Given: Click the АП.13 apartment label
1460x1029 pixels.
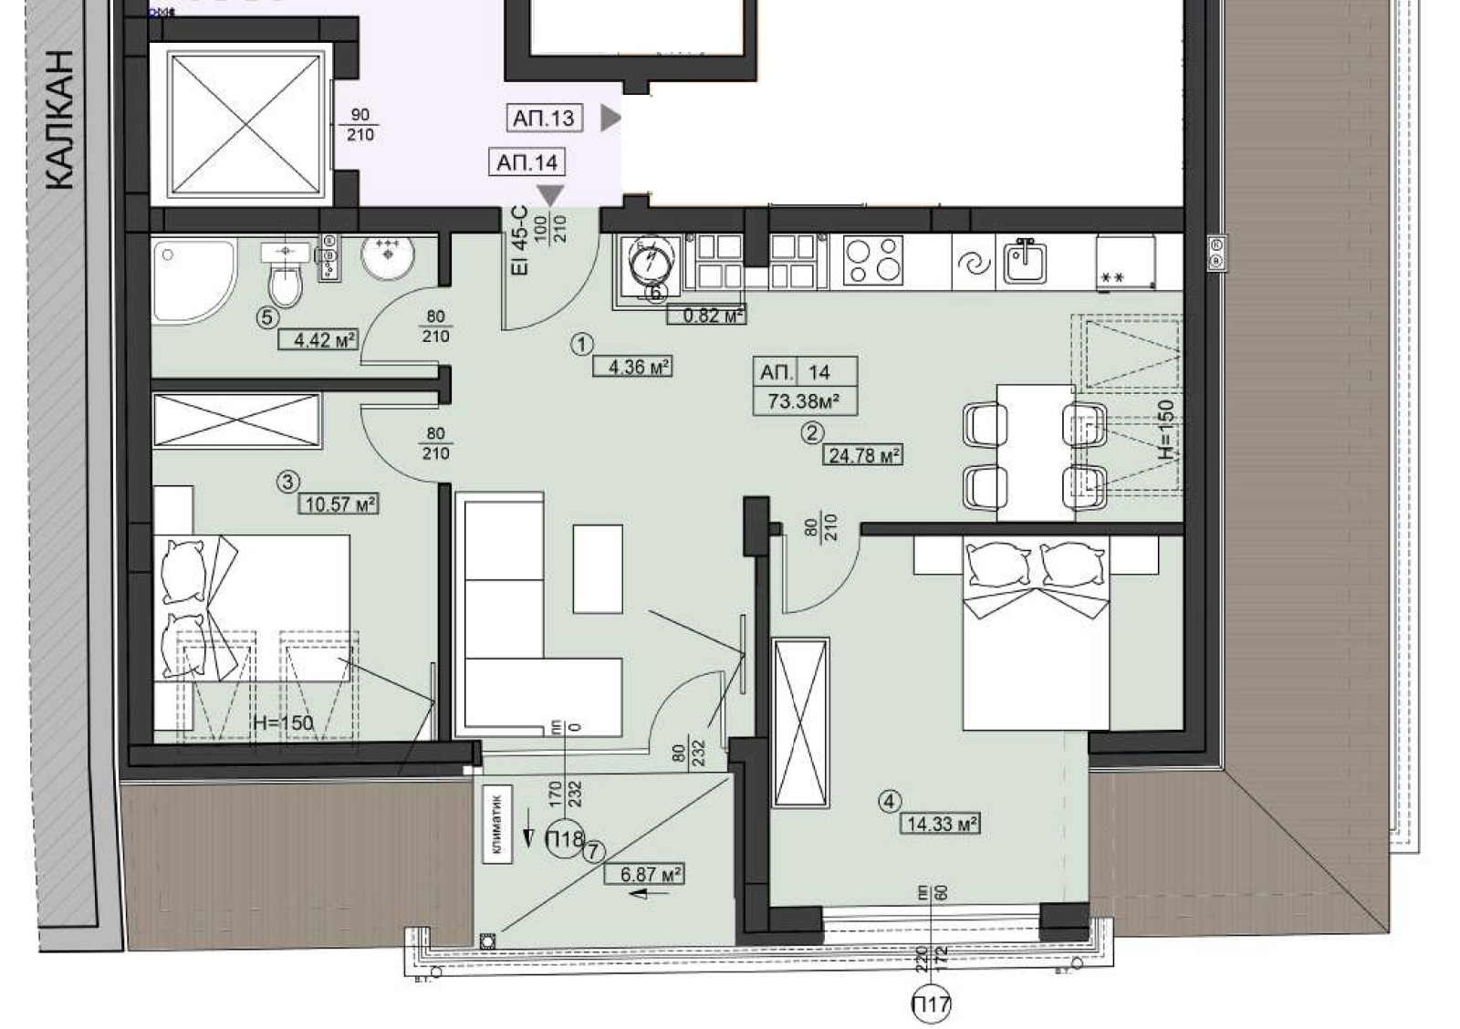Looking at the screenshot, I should pyautogui.click(x=544, y=118).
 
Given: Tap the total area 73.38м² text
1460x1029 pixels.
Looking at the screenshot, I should pyautogui.click(x=804, y=400).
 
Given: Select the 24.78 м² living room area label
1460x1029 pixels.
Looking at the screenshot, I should pyautogui.click(x=862, y=454).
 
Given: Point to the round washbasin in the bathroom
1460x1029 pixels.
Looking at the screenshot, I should pyautogui.click(x=388, y=257).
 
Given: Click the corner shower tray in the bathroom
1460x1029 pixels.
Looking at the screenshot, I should pyautogui.click(x=190, y=277).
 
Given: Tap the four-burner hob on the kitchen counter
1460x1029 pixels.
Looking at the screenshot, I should pyautogui.click(x=873, y=260).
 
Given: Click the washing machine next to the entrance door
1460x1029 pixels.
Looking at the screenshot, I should pyautogui.click(x=650, y=263).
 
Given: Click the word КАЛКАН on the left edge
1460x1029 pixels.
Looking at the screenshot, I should pyautogui.click(x=59, y=119).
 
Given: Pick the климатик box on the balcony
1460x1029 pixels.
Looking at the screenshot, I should pyautogui.click(x=498, y=825).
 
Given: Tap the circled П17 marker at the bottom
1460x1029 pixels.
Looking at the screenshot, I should pyautogui.click(x=930, y=1005).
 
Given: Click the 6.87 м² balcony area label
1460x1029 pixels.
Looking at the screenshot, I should pyautogui.click(x=645, y=874).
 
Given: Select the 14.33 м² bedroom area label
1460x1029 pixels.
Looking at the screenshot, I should pyautogui.click(x=942, y=824).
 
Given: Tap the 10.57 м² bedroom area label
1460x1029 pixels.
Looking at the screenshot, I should pyautogui.click(x=339, y=504).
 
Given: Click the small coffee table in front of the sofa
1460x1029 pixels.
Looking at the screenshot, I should pyautogui.click(x=598, y=568).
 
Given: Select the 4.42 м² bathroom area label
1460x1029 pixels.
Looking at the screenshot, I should pyautogui.click(x=318, y=340).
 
